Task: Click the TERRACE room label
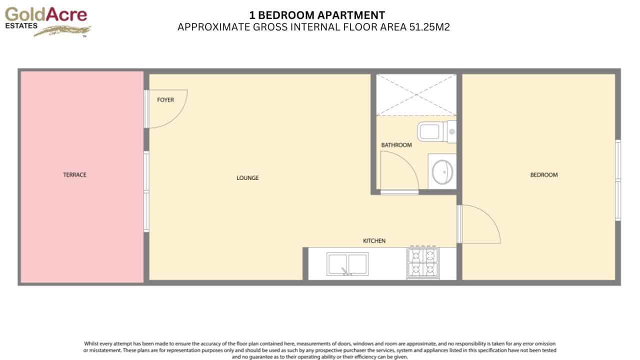click(74, 174)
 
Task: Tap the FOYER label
click(165, 100)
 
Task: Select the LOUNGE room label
click(247, 178)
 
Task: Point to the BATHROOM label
click(396, 145)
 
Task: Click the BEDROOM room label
click(543, 175)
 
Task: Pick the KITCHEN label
click(374, 241)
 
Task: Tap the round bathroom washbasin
click(442, 171)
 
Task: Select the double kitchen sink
click(347, 263)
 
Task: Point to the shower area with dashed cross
click(416, 94)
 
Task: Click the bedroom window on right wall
click(618, 180)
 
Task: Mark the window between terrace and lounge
click(146, 192)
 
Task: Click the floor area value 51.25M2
click(429, 27)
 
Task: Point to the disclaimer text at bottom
click(320, 350)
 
